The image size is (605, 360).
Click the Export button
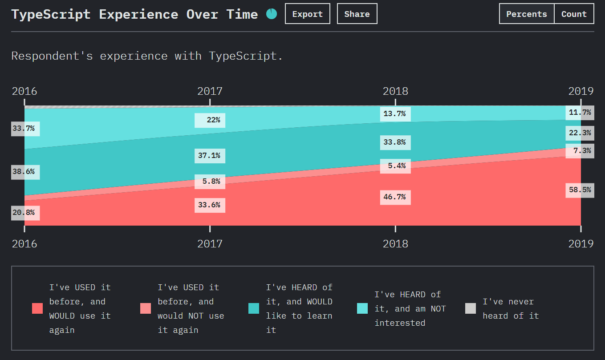coord(307,14)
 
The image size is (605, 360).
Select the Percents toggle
coord(526,14)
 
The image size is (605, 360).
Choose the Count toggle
coord(574,14)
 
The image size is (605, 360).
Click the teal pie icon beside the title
coord(272,14)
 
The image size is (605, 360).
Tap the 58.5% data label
coord(580,190)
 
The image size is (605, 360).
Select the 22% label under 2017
coord(210,120)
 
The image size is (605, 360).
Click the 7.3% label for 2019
coord(580,151)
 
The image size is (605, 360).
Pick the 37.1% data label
coord(210,156)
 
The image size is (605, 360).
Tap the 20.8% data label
coord(24,212)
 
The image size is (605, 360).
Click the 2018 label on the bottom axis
coord(395,244)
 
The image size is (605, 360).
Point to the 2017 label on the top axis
coord(210,91)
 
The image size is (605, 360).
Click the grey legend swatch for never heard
coord(471,308)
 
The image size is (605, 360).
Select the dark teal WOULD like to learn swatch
coord(254,308)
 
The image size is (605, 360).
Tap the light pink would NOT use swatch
coord(146,308)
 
